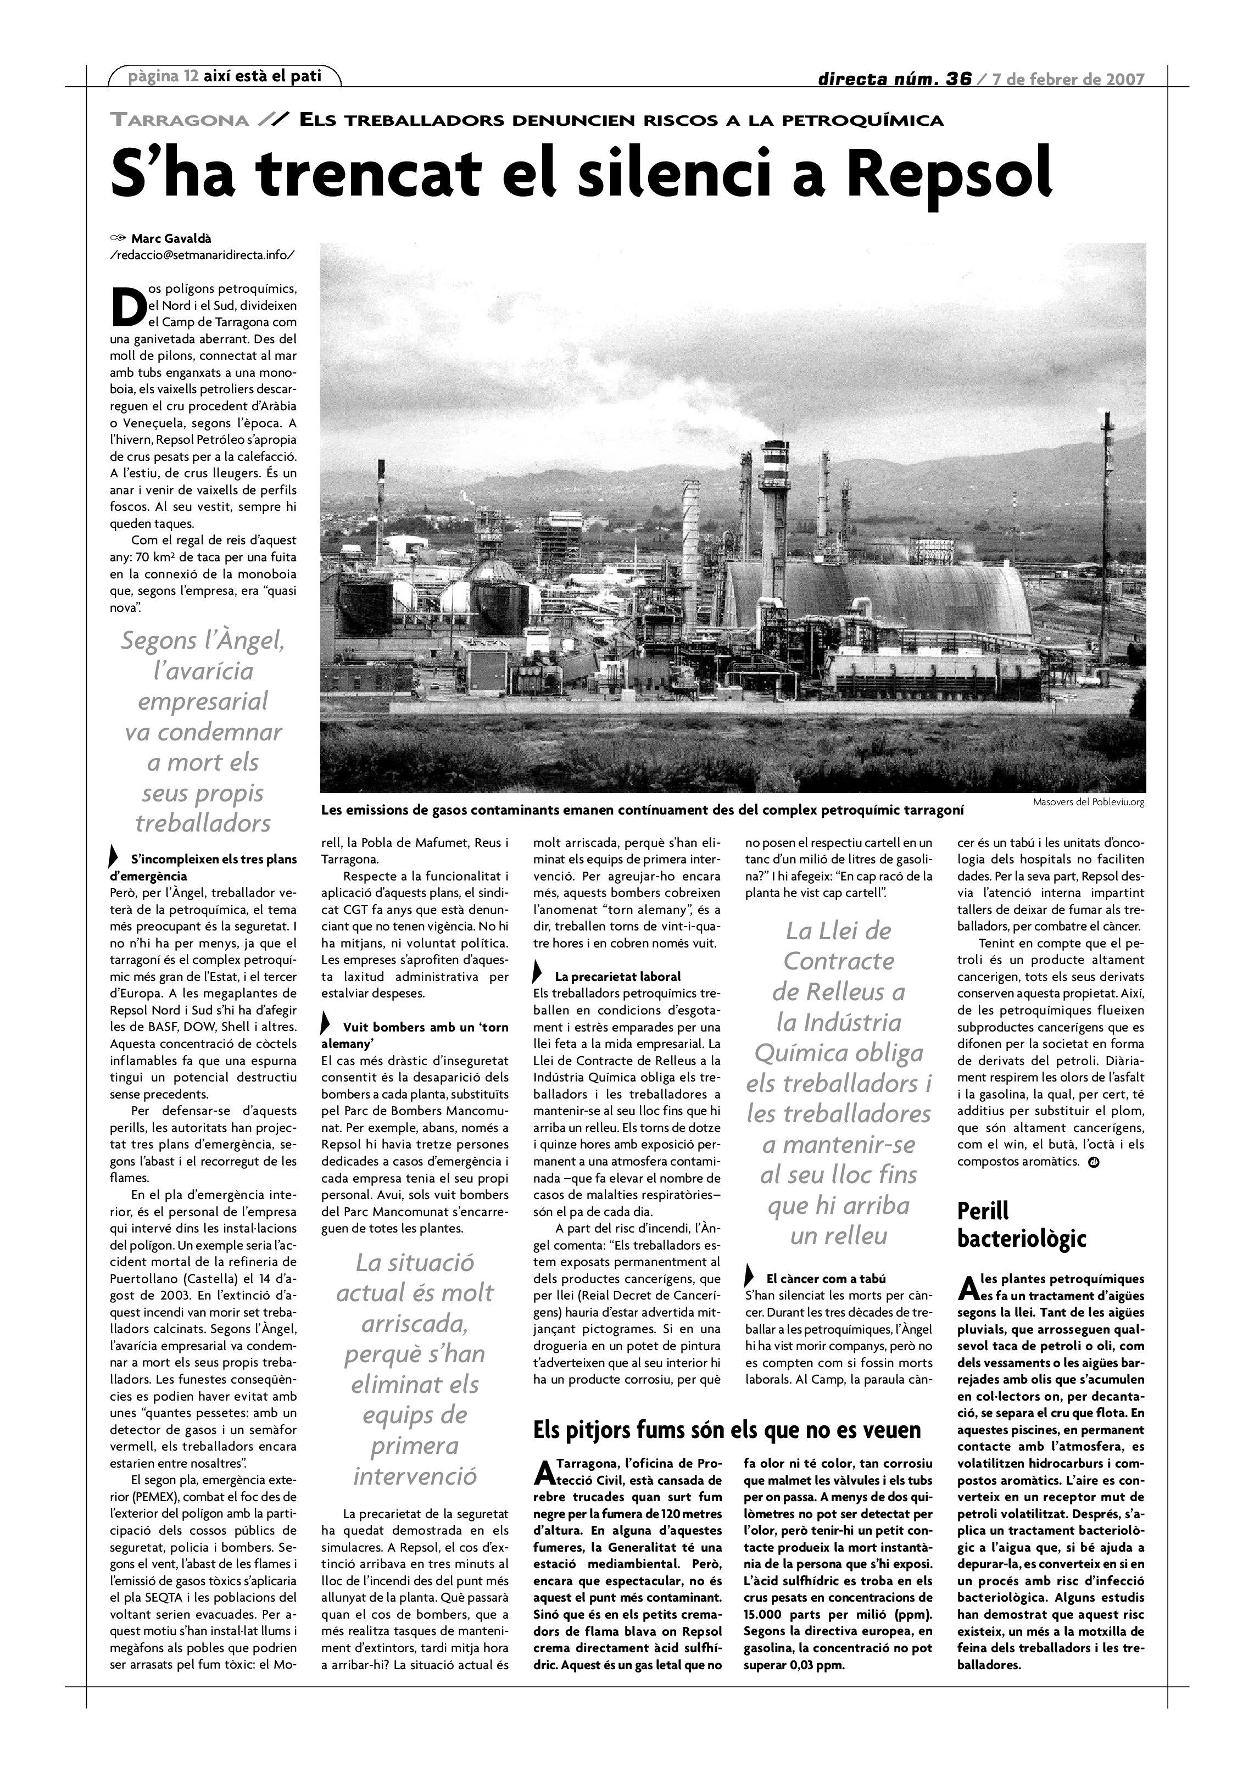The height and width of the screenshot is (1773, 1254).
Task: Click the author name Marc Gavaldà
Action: click(x=171, y=238)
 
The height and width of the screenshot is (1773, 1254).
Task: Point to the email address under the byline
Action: click(x=202, y=255)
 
